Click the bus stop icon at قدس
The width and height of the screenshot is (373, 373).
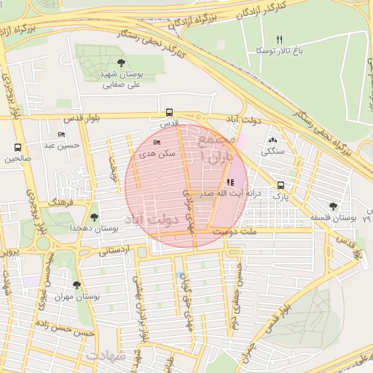[x=170, y=113]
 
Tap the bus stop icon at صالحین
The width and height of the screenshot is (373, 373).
[x=18, y=147]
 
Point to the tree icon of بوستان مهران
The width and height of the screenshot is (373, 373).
[x=77, y=285]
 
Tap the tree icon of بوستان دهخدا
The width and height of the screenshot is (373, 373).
[x=93, y=216]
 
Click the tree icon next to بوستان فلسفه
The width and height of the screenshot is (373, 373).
[x=333, y=206]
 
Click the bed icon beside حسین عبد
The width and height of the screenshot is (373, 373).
[x=61, y=135]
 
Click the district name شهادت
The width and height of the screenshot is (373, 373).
[x=106, y=356]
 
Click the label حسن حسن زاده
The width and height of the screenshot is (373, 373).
[x=66, y=332]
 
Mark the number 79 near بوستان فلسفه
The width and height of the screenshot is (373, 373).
[x=366, y=218]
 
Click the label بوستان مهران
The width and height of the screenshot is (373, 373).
[x=78, y=297]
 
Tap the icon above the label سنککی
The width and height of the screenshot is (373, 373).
[x=272, y=140]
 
